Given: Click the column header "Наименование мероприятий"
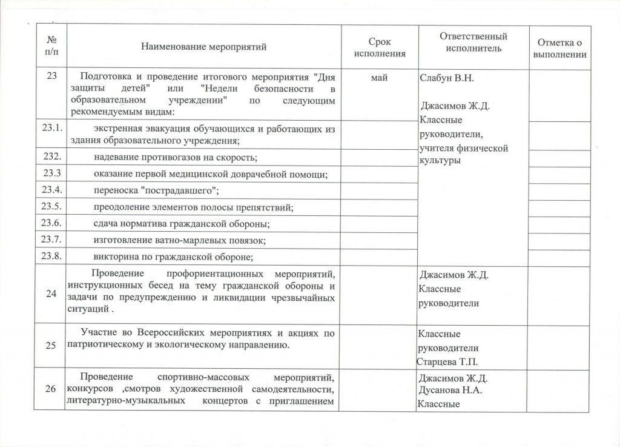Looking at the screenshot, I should click(203, 46).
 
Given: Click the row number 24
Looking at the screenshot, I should click(51, 294).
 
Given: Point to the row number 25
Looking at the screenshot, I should click(51, 345).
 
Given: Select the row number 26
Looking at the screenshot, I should click(51, 389).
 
